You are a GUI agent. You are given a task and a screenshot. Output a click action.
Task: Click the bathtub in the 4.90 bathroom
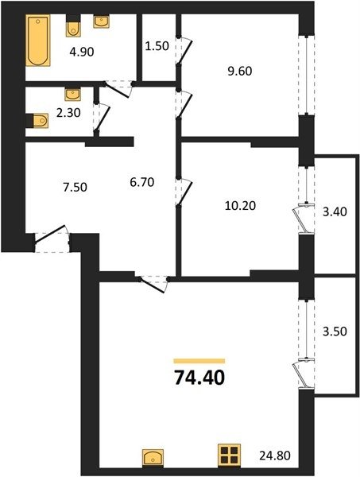coord(37,40)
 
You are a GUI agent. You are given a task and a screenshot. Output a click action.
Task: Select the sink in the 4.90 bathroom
coord(101,21)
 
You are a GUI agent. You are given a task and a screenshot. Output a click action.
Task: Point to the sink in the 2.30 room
coord(72,95)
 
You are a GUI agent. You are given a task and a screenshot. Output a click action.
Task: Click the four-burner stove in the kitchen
coord(229,455)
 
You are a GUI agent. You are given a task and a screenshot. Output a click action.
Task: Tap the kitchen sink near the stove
coord(153,458)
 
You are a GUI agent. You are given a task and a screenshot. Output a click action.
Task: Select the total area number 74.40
coord(199,378)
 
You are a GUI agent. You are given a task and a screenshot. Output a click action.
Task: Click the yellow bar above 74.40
coord(199,361)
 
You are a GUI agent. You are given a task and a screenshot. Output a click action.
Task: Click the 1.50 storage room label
coord(157,46)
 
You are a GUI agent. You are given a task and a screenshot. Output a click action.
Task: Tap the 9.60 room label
coord(240,72)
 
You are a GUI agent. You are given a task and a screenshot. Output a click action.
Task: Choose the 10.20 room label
coord(240,206)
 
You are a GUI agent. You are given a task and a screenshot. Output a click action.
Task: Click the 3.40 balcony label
coord(335,211)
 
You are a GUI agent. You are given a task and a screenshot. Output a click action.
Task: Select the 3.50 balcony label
coord(335,332)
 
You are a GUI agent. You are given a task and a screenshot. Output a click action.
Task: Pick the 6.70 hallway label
coord(142,182)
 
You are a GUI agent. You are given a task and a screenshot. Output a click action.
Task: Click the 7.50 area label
coord(75,187)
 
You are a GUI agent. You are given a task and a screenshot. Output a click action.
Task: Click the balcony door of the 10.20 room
coord(303,219)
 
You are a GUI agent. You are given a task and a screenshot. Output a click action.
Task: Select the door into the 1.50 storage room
coord(184,51)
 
